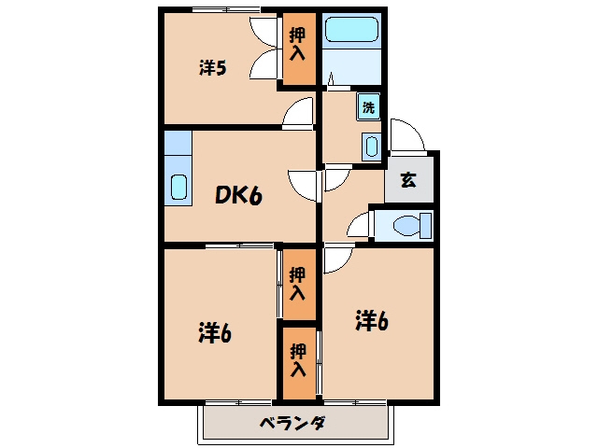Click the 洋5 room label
click(x=213, y=68)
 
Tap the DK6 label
click(x=239, y=196)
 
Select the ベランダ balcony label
click(x=292, y=423)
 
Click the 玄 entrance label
click(x=408, y=180)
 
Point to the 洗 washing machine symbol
click(x=368, y=107)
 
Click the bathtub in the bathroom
click(x=351, y=29)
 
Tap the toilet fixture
click(x=412, y=226)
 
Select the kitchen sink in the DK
click(x=178, y=187)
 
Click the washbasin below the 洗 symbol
click(x=372, y=147)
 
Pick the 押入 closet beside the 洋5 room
click(x=299, y=49)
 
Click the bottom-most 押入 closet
click(x=299, y=363)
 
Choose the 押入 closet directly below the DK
click(x=299, y=284)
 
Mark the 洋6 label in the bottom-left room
click(x=215, y=332)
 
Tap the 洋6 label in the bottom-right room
click(x=372, y=320)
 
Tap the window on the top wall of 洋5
click(x=226, y=9)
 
